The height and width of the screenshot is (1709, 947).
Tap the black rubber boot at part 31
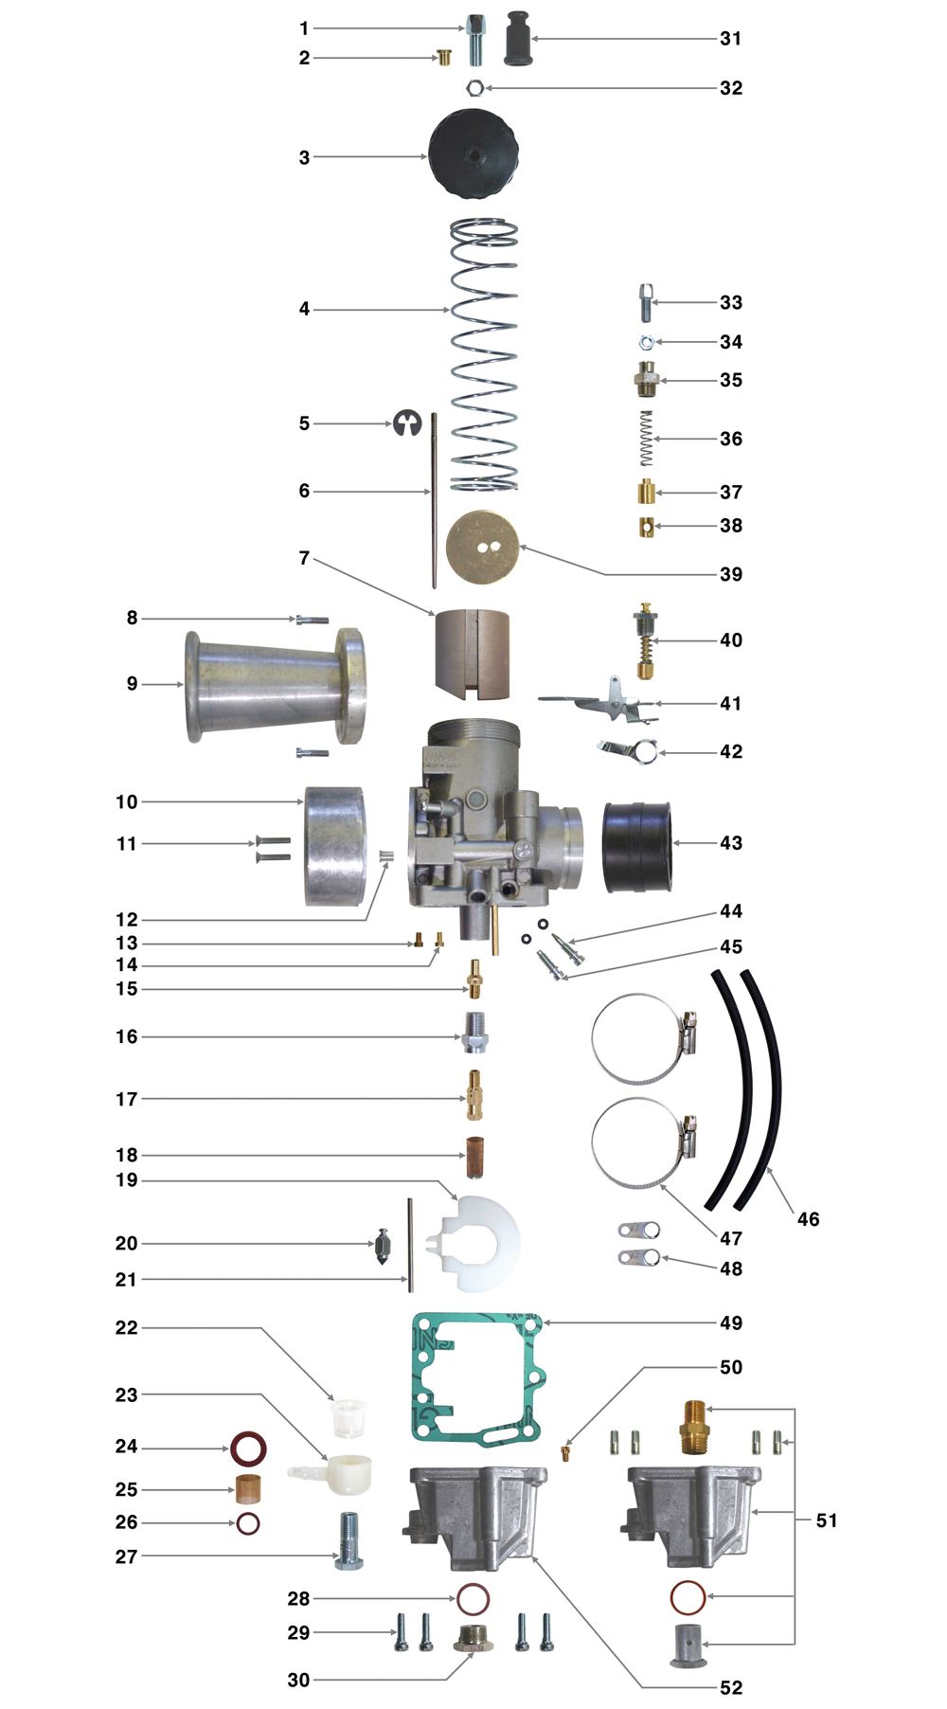pos(516,38)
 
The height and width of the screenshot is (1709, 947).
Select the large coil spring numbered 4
pos(484,355)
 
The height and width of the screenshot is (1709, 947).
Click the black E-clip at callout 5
pos(406,423)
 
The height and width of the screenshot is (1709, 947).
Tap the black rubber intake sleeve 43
pos(638,847)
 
